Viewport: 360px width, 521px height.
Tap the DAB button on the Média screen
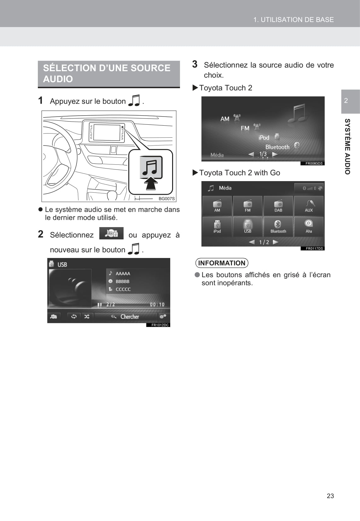click(x=278, y=206)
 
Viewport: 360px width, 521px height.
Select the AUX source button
click(x=309, y=206)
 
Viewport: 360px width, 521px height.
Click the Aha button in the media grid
click(x=309, y=227)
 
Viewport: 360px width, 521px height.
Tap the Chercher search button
click(x=126, y=317)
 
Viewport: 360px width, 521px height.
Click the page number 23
click(x=330, y=496)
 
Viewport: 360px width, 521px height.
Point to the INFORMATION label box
click(x=222, y=263)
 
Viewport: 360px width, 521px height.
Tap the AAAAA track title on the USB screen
click(x=123, y=273)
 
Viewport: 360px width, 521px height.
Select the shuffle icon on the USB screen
click(x=87, y=317)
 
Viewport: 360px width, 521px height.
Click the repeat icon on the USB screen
click(x=74, y=317)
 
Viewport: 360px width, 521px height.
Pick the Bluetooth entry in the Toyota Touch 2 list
click(x=277, y=147)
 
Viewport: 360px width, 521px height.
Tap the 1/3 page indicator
click(x=263, y=154)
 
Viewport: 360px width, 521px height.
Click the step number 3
click(x=195, y=64)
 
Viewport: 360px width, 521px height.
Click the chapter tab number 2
click(x=346, y=100)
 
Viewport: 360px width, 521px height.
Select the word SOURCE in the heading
click(x=150, y=68)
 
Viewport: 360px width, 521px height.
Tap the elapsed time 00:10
click(x=157, y=305)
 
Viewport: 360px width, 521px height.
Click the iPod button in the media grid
click(x=217, y=227)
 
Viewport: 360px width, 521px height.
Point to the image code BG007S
click(x=167, y=198)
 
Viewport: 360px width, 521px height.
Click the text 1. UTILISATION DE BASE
click(x=293, y=20)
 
